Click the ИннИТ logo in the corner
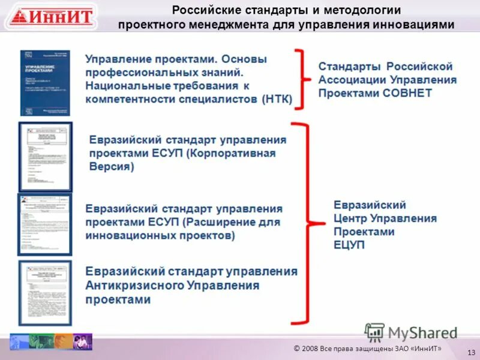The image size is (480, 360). (51, 16)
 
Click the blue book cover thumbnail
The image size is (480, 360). (45, 83)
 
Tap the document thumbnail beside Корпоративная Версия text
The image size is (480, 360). (45, 157)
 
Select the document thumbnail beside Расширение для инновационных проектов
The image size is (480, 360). (45, 224)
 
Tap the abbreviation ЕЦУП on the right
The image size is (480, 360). (350, 245)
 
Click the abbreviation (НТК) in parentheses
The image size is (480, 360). (277, 100)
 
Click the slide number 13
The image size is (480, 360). (470, 352)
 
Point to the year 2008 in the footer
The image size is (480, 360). (311, 349)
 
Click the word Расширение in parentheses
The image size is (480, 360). (220, 223)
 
